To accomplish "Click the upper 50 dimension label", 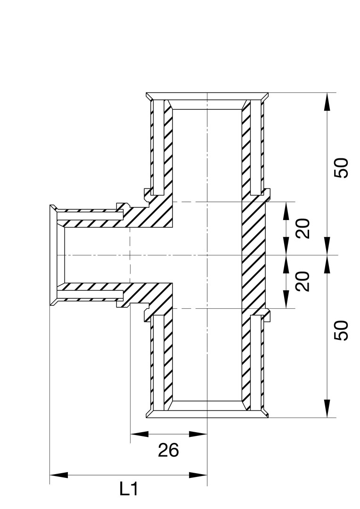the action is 341,168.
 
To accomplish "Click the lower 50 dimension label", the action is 341,330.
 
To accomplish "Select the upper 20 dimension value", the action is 303,229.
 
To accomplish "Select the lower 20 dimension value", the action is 303,281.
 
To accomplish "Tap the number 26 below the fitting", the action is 169,450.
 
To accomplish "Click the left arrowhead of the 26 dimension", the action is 139,434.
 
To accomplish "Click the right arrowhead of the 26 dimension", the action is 198,434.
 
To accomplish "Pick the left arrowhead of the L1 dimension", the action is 59,475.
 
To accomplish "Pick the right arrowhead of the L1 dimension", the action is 198,475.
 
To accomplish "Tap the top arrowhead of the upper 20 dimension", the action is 286,211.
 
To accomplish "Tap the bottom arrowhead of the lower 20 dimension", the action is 286,299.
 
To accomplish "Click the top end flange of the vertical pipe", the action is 207,97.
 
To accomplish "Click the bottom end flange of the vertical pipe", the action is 207,414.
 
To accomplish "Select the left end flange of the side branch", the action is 53,255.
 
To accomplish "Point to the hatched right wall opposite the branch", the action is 254,255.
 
